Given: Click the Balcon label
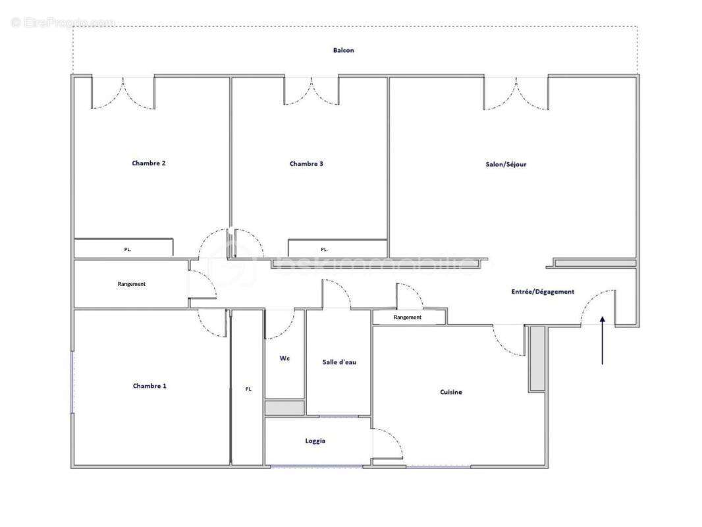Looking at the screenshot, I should click(343, 50).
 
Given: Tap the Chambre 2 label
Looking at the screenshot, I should click(149, 163).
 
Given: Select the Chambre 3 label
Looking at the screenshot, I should click(306, 164).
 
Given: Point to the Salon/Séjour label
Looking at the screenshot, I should click(506, 164).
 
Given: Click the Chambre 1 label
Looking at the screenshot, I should click(149, 386).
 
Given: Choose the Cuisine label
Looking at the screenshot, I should click(451, 392).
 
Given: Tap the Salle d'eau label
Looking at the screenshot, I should click(339, 362).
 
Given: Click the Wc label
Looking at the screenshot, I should click(284, 358).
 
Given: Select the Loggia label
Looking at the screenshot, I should click(315, 441).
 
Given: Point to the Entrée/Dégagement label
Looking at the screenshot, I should click(543, 291).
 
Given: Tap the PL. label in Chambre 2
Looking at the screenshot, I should click(128, 250).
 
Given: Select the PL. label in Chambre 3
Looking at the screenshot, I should click(324, 250).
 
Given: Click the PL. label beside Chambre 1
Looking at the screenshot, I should click(249, 389).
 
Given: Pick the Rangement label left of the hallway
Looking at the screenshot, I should click(132, 284).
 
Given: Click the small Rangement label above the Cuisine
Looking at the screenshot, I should click(408, 318).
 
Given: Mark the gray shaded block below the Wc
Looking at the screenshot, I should click(284, 408).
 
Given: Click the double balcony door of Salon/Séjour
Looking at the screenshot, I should click(516, 93).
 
